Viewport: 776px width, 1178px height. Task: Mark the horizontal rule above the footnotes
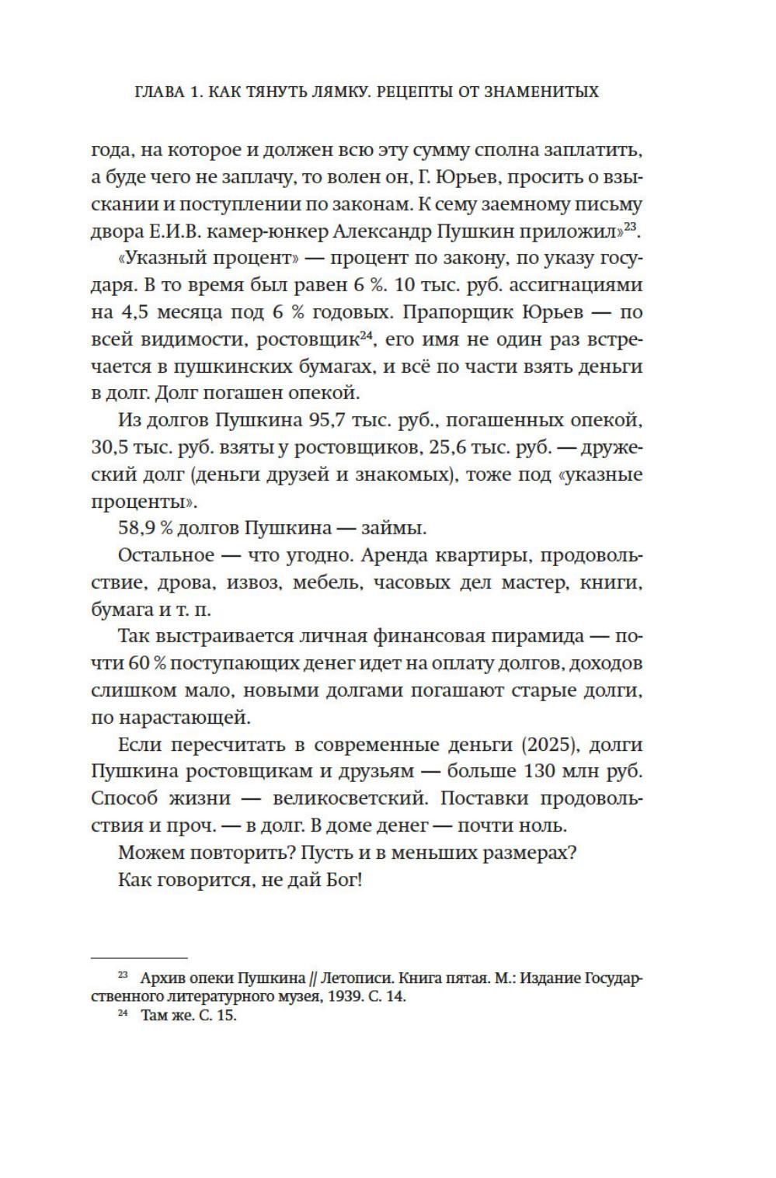(x=139, y=958)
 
